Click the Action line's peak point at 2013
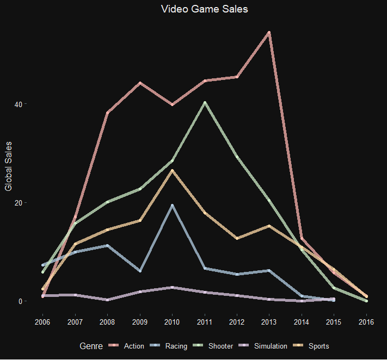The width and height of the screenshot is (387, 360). (x=269, y=33)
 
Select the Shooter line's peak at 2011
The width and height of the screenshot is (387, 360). (x=205, y=102)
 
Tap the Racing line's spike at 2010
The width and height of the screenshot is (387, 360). (x=172, y=205)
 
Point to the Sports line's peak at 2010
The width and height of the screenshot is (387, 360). (x=172, y=171)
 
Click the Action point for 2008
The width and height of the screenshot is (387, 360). (x=107, y=113)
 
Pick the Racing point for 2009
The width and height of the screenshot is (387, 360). (x=140, y=271)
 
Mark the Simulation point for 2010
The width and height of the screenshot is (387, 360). (x=172, y=287)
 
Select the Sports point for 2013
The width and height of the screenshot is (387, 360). (x=269, y=226)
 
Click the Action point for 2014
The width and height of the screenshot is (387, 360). (x=302, y=239)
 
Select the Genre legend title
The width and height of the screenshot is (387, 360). (x=90, y=346)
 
